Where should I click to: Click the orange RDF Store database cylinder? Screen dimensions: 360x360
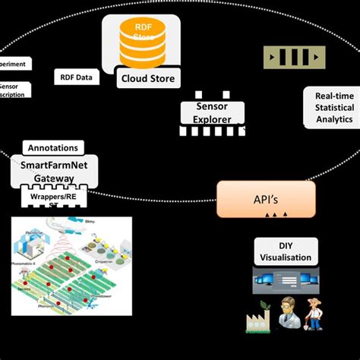click(x=138, y=43)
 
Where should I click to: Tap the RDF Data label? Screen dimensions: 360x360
click(x=76, y=77)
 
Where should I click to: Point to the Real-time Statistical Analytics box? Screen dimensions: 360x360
click(x=328, y=106)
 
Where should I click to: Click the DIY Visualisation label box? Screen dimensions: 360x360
click(x=286, y=251)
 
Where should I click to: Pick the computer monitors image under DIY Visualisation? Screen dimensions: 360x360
click(x=285, y=283)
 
